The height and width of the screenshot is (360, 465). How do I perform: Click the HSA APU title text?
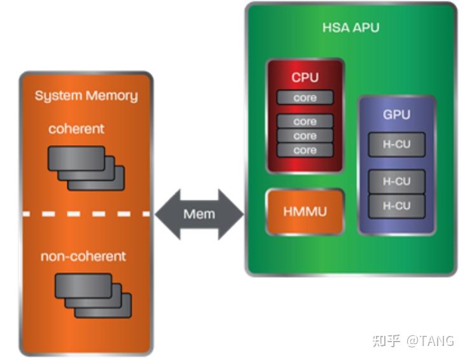[x=350, y=28]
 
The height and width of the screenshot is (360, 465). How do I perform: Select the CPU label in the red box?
[x=305, y=78]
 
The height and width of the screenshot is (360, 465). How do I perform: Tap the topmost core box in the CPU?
[x=305, y=98]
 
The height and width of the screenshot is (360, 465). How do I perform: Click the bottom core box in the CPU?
[x=305, y=150]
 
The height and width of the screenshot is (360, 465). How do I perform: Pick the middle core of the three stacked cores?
[x=305, y=135]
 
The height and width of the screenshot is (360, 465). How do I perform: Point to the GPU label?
[x=396, y=115]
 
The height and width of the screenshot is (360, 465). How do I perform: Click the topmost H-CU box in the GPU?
[x=396, y=144]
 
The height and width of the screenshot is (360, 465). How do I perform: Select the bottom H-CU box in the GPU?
[x=396, y=206]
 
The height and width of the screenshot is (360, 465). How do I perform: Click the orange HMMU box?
[x=305, y=211]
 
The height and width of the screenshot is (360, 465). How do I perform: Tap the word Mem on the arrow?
[x=199, y=214]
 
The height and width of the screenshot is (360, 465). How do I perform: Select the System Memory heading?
[x=86, y=96]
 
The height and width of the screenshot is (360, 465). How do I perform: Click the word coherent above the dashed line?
[x=76, y=128]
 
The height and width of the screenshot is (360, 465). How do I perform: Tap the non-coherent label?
[x=83, y=256]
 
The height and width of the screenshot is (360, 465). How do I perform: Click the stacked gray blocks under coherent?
[x=86, y=167]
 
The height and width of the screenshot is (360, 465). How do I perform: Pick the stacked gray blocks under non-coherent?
[x=92, y=295]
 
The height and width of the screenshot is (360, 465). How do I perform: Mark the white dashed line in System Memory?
[x=86, y=214]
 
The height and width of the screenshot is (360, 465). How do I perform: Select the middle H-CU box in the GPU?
[x=396, y=181]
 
